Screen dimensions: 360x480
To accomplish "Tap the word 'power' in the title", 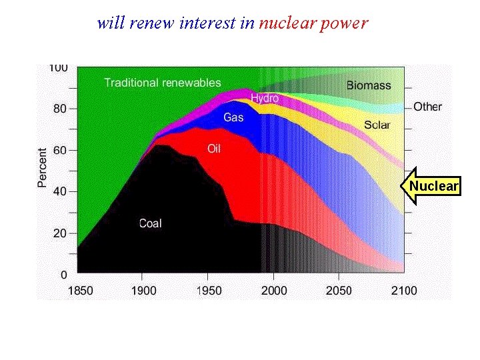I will [344, 23].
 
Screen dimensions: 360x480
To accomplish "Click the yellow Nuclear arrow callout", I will [432, 186].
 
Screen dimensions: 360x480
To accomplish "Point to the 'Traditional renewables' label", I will [162, 83].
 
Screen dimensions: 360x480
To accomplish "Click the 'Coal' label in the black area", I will [150, 223].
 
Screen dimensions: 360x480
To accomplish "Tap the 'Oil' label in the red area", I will [213, 149].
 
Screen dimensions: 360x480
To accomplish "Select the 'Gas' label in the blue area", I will [233, 117].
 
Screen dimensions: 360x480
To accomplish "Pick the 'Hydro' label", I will [265, 98].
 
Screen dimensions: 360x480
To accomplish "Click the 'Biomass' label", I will [369, 85].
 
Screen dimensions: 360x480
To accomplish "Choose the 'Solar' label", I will [377, 125].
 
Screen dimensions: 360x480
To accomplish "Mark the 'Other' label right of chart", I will [427, 106].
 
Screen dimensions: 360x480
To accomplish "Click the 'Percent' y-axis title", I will [42, 167].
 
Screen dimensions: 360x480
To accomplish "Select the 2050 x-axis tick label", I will [339, 290].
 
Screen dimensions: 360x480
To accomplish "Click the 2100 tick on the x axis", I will [404, 290].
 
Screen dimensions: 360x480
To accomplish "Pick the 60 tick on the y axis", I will [60, 150].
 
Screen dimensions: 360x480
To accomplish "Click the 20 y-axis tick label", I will [60, 233].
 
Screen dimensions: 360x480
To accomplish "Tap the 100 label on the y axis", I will [58, 67].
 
